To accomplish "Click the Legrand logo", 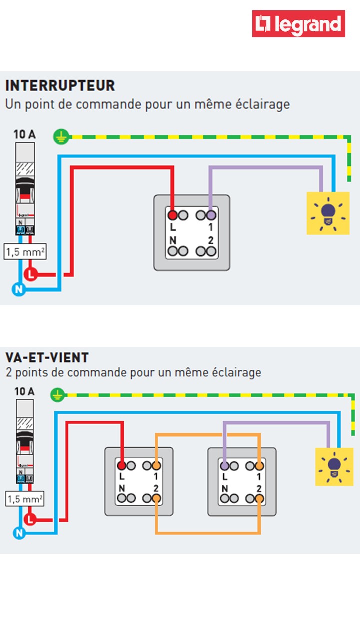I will pyautogui.click(x=298, y=24).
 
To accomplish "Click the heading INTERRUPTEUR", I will pyautogui.click(x=60, y=86).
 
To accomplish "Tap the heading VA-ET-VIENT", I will pyautogui.click(x=47, y=358).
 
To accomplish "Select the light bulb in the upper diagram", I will pyautogui.click(x=327, y=213).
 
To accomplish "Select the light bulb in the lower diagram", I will pyautogui.click(x=333, y=466).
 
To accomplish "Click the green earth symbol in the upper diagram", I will pyautogui.click(x=61, y=136).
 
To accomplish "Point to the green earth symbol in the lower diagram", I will pyautogui.click(x=58, y=395).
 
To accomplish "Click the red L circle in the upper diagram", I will pyautogui.click(x=31, y=274).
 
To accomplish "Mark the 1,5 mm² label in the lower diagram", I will pyautogui.click(x=25, y=499).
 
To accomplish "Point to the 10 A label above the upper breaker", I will pyautogui.click(x=24, y=134).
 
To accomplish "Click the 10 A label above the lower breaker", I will pyautogui.click(x=24, y=391).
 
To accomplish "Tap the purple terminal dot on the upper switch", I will pyautogui.click(x=211, y=215).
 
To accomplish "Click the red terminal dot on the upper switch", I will pyautogui.click(x=172, y=215).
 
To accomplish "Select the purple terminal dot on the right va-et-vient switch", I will pyautogui.click(x=225, y=466).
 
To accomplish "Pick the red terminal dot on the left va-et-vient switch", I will pyautogui.click(x=121, y=466).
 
